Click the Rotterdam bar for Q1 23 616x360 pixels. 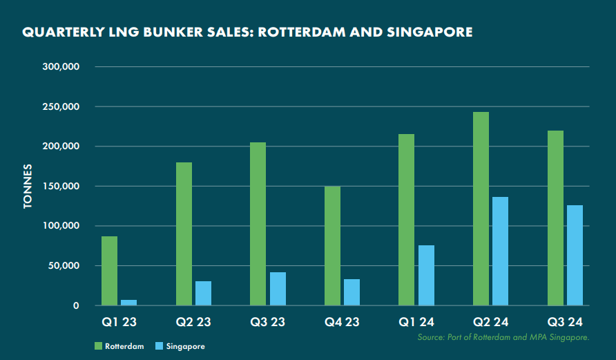point(109,271)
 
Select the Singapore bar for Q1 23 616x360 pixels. point(129,303)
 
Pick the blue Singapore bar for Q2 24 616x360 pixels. point(500,252)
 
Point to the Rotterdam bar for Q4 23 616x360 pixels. point(332,246)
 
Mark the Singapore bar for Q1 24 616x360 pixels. point(426,276)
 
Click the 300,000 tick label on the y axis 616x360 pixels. point(62,67)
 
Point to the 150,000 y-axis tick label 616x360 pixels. point(62,187)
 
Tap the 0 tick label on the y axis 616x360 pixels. point(77,306)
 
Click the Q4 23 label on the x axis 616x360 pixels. point(342,321)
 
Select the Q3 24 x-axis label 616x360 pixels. point(565,321)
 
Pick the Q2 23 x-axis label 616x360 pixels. point(193,321)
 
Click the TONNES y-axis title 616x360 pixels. point(28,187)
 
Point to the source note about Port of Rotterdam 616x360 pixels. point(503,337)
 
